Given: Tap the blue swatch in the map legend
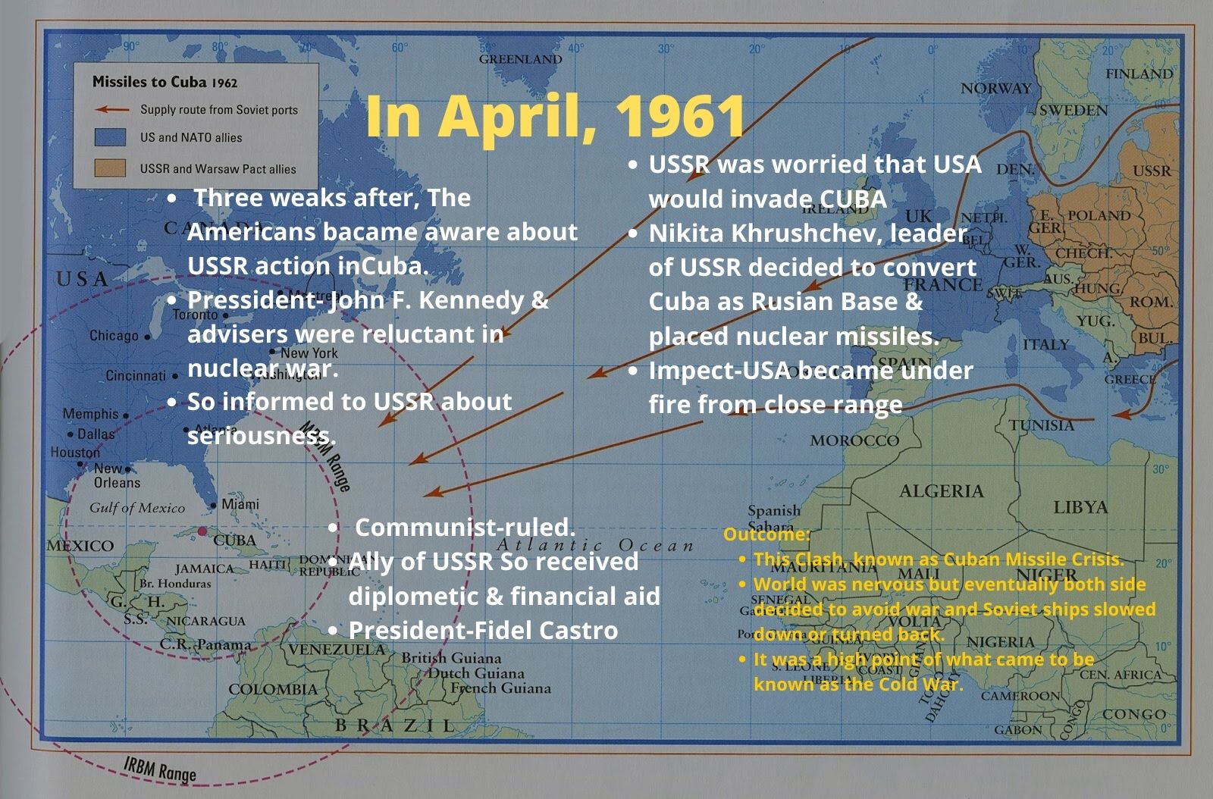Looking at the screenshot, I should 110,137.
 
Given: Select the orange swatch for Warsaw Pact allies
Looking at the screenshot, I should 110,168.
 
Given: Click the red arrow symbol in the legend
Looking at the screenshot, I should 111,109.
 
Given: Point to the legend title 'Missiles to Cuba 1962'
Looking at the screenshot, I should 165,82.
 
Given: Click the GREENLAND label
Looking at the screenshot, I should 520,59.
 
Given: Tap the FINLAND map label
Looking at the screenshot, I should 1139,74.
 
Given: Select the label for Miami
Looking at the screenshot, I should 240,504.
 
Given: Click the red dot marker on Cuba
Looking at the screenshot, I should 202,531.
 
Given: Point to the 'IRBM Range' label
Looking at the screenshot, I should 160,769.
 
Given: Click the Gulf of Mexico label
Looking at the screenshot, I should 137,508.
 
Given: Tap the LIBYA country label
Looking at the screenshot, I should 1080,507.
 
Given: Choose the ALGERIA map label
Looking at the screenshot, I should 941,491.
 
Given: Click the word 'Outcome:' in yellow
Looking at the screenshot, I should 766,534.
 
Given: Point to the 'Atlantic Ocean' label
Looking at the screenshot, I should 594,545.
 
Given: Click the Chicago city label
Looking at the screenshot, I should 114,335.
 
